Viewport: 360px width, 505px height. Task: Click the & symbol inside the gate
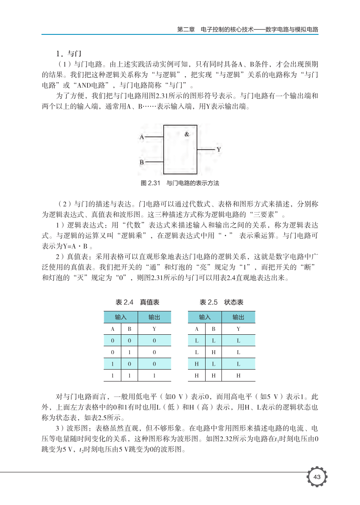[187, 134]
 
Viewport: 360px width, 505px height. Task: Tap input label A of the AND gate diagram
[142, 137]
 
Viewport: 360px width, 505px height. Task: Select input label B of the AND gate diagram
[142, 162]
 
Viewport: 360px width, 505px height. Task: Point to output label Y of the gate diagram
[218, 150]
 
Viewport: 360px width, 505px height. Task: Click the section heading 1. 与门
[67, 54]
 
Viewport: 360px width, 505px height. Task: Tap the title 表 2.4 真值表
[137, 302]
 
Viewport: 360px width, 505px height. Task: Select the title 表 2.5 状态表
[221, 302]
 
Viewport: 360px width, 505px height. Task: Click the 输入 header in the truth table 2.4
[121, 317]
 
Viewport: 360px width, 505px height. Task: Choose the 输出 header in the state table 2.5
[238, 317]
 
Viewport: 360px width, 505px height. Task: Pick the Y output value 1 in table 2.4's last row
[154, 376]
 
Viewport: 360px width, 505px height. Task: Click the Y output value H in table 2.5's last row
[238, 376]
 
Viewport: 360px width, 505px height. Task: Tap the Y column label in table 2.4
[154, 329]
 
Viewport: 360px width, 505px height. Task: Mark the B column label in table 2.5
[214, 329]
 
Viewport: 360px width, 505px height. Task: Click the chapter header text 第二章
[185, 30]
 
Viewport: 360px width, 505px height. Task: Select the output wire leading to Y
[206, 150]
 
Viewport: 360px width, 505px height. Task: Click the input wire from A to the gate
[154, 137]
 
